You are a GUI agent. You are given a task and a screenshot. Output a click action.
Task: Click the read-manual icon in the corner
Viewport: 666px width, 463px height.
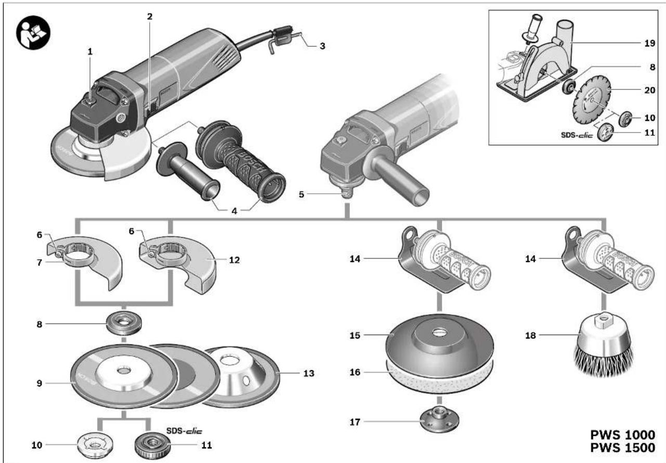coord(33,32)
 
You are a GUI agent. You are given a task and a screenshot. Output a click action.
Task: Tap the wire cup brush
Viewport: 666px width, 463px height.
coord(603,346)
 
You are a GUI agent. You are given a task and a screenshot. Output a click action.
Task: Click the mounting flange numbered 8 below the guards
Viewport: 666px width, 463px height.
coord(124,324)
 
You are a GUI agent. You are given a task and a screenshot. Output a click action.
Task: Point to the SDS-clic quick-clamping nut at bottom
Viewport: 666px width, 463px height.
coord(152,446)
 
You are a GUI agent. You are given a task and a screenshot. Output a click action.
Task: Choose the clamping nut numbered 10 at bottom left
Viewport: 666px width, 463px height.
coord(95,445)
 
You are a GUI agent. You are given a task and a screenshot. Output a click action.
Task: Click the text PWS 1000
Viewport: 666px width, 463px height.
coord(622,435)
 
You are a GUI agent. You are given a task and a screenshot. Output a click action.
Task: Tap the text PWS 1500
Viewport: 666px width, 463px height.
coord(622,448)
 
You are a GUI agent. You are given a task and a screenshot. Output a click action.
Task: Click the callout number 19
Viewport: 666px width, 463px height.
coord(649,43)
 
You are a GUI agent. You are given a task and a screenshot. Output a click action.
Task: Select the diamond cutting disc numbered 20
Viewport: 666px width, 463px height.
coord(592,99)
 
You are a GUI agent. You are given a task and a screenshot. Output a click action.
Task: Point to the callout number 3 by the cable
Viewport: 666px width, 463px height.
coord(322,46)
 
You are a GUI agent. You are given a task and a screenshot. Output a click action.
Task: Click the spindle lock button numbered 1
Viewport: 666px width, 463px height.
coord(90,102)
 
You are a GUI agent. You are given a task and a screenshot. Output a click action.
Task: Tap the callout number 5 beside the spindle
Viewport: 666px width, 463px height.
coord(302,195)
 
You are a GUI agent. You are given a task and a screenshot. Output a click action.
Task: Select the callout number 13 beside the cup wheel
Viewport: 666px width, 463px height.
coord(309,373)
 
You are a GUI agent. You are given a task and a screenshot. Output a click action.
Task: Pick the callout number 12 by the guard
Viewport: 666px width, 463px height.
coord(234,260)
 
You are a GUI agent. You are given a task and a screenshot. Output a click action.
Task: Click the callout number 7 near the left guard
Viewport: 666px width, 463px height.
coord(39,263)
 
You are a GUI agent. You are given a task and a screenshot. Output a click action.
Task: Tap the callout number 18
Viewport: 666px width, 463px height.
coord(530,336)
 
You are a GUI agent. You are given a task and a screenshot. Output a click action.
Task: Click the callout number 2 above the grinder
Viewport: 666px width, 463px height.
coord(150,16)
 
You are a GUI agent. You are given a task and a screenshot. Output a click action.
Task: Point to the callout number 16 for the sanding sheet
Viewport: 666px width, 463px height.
coord(355,372)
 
